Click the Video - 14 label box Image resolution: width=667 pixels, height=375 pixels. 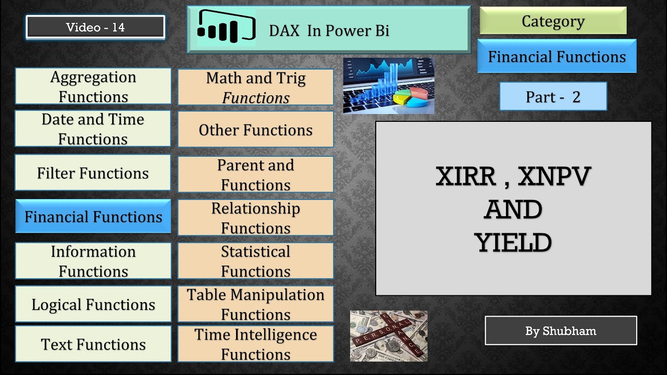click(95, 28)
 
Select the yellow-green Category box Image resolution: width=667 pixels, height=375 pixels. click(552, 21)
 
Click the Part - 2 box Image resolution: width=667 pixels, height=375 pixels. click(553, 97)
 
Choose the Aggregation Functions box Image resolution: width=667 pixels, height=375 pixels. click(93, 86)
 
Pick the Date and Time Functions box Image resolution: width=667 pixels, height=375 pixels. click(93, 129)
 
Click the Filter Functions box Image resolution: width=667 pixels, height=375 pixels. click(93, 173)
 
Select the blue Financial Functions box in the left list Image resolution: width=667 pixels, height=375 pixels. click(93, 217)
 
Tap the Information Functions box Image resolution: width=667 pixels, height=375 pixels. click(93, 261)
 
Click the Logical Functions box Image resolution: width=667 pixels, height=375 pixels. click(93, 304)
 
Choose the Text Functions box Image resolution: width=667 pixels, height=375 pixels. click(93, 344)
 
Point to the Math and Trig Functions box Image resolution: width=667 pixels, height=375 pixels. click(255, 87)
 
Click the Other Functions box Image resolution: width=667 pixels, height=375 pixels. click(255, 130)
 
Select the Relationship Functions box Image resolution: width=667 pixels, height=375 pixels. click(255, 218)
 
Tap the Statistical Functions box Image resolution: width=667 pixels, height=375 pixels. click(255, 261)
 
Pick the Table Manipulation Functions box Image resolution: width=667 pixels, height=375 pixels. click(255, 304)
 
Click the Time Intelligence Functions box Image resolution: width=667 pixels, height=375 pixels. click(255, 344)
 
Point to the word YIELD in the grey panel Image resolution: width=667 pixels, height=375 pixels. click(513, 242)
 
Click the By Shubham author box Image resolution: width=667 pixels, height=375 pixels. click(561, 331)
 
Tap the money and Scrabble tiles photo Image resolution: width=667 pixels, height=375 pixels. click(389, 336)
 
